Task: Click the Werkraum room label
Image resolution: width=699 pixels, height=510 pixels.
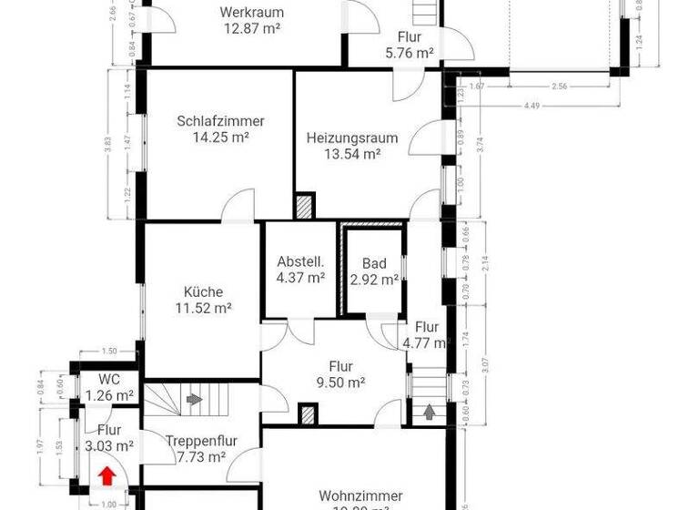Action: (x=252, y=13)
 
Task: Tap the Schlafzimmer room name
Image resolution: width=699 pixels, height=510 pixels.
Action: (x=221, y=121)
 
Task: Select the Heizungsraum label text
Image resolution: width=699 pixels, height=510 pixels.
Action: (x=352, y=138)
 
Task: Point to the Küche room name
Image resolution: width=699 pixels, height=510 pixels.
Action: (x=203, y=292)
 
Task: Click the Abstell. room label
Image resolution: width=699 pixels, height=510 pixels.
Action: (x=300, y=261)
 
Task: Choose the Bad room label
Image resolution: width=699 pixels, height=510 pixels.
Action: (x=374, y=263)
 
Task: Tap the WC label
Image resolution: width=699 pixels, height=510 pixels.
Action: (x=109, y=380)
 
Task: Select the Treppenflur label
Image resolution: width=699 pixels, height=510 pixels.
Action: (x=201, y=441)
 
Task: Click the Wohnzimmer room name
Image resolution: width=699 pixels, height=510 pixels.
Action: (x=354, y=495)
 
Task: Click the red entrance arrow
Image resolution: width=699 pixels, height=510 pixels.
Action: (x=107, y=474)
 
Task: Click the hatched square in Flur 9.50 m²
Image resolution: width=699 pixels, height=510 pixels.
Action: (x=309, y=415)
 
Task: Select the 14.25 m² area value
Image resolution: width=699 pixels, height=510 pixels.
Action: (x=221, y=138)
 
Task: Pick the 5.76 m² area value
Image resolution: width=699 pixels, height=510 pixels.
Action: (x=409, y=53)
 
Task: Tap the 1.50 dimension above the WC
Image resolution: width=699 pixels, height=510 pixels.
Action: (x=109, y=351)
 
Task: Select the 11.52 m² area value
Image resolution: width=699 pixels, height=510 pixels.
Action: (x=203, y=309)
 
